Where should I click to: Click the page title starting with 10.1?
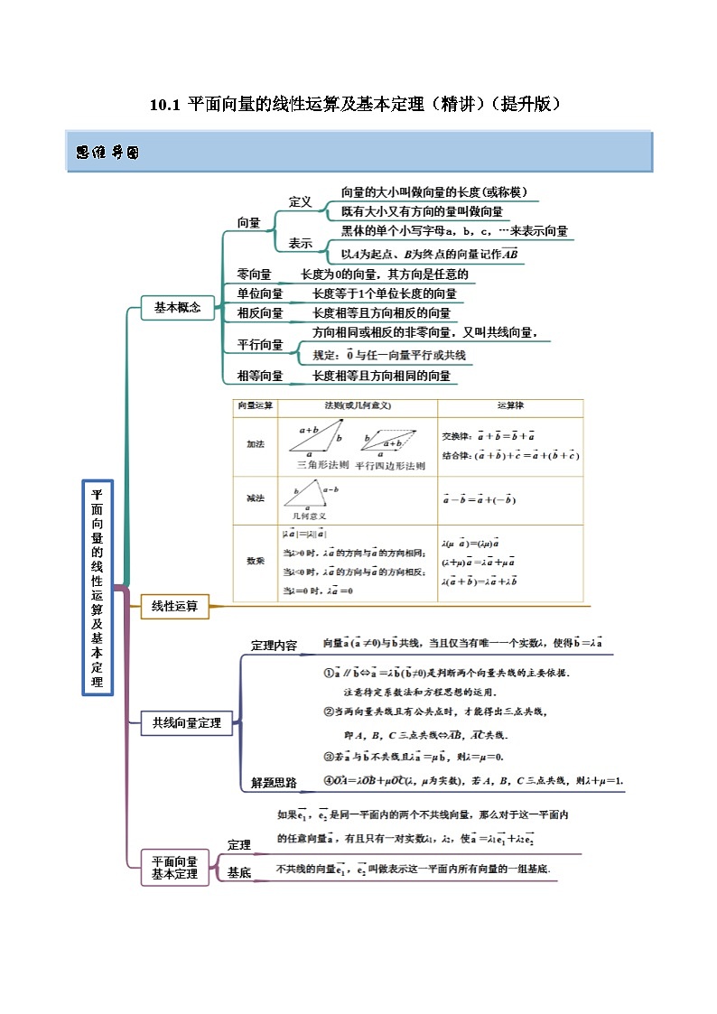point(358,104)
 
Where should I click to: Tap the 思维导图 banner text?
point(107,153)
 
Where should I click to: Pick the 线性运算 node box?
point(175,607)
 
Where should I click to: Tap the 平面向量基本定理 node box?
point(174,868)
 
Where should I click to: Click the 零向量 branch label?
point(254,274)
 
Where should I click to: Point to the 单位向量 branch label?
point(259,293)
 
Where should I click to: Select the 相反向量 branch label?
point(259,313)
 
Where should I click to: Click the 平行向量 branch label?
point(259,344)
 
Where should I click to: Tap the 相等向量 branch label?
point(259,376)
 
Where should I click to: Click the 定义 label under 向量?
point(300,202)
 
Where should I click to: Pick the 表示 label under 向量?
point(300,244)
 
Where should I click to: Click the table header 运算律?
point(510,406)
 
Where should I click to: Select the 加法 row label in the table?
point(256,444)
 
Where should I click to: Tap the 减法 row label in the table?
point(256,498)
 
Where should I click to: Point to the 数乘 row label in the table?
point(256,561)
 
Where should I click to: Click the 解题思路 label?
point(274,783)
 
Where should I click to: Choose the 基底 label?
point(239,873)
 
